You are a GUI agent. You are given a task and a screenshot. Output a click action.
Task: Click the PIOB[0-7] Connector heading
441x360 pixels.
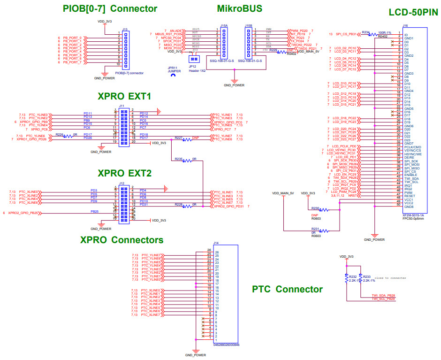110,8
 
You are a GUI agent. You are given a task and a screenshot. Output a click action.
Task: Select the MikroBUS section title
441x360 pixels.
240,8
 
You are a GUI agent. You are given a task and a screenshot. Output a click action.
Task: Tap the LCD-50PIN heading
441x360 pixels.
413,13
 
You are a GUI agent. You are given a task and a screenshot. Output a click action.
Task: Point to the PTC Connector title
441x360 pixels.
287,289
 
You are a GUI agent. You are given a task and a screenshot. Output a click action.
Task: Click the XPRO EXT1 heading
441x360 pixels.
124,96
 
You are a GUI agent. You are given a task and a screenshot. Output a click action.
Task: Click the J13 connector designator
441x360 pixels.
124,29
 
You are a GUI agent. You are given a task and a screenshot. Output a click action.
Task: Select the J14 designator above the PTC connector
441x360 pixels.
216,243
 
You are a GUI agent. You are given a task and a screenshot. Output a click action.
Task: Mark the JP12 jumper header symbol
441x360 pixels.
192,59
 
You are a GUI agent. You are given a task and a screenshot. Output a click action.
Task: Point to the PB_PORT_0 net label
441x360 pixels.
72,38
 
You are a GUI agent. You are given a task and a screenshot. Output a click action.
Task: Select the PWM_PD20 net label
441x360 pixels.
298,30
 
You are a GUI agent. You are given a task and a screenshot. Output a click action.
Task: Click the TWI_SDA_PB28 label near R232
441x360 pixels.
383,295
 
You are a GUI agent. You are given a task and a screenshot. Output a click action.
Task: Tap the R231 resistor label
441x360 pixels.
315,229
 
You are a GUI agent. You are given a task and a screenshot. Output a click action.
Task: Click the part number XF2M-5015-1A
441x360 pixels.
413,214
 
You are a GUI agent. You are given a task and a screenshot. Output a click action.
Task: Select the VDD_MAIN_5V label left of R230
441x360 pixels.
283,193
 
